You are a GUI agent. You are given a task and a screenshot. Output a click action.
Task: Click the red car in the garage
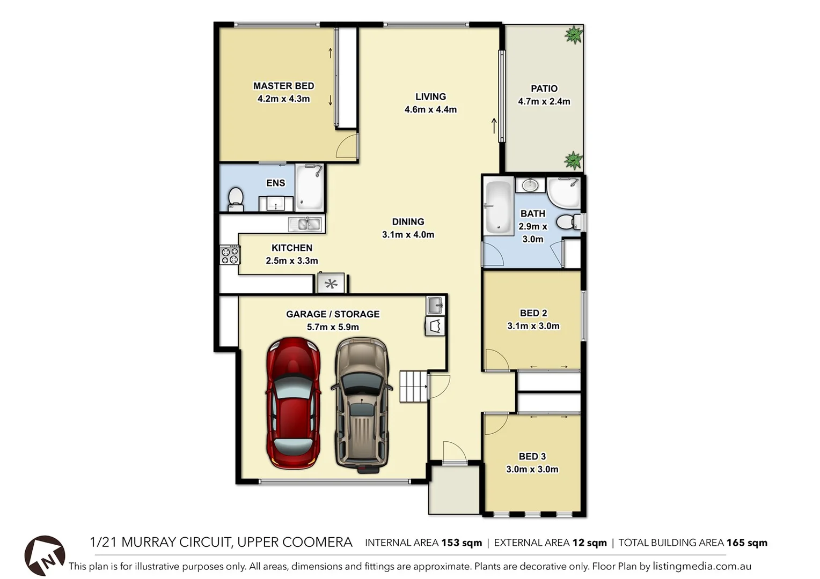(294, 403)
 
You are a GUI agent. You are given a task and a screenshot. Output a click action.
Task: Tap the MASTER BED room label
(283, 86)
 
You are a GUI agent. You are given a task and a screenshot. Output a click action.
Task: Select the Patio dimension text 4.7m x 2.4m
(544, 101)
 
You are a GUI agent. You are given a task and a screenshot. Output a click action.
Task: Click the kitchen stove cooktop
(230, 255)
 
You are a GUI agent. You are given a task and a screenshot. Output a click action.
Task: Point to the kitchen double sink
(305, 224)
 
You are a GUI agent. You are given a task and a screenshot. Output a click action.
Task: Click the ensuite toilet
(236, 198)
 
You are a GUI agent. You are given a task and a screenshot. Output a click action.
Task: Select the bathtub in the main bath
(498, 207)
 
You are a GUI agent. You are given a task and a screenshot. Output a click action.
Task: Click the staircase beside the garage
(413, 386)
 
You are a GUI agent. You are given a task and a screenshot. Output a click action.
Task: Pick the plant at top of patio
(574, 35)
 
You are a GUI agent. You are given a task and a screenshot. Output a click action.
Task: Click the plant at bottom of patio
(573, 160)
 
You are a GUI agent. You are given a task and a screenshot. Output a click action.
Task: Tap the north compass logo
(45, 556)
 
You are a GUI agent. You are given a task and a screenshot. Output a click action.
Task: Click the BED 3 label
(532, 456)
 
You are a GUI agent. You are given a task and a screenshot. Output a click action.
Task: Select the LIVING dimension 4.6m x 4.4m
(430, 109)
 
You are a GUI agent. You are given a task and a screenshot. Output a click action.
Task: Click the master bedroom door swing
(347, 147)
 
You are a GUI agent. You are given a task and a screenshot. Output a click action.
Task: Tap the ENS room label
(275, 183)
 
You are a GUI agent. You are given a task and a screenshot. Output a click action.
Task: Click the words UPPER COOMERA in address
(294, 542)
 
